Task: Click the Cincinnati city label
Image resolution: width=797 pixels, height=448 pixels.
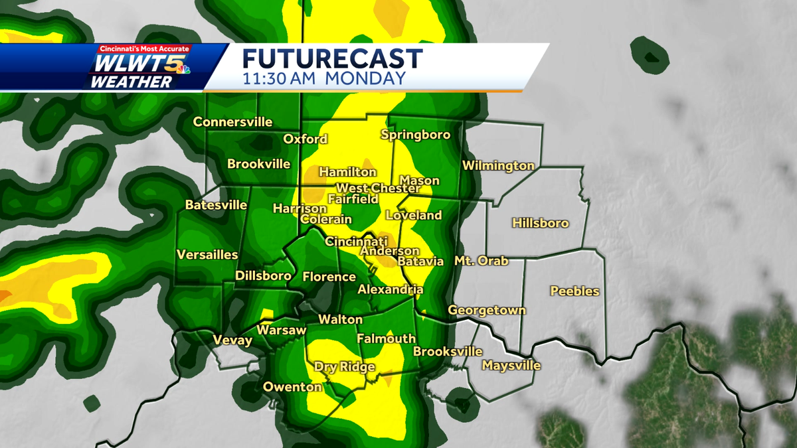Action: pos(355,242)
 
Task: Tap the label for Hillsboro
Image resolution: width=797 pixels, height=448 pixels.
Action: pos(540,223)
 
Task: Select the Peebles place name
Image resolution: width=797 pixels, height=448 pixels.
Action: pos(575,291)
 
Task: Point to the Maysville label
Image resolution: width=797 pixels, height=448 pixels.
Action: pos(511,366)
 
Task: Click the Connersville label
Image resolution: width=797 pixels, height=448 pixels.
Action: pos(232,122)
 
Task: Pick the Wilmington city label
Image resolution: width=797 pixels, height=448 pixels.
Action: pos(498,165)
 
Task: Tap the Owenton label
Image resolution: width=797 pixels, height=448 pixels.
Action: pos(292,387)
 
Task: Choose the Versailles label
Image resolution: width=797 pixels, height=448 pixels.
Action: pos(207,255)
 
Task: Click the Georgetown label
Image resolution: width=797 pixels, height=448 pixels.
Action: pos(486,310)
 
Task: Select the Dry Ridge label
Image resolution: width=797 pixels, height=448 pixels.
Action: pos(344,367)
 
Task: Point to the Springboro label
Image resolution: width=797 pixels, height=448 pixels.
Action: pos(415,135)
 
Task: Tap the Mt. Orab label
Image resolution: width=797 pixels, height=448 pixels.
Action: pos(481,261)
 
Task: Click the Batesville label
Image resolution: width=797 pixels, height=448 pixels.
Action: pos(216,205)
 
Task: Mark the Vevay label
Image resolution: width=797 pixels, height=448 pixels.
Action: pos(232,340)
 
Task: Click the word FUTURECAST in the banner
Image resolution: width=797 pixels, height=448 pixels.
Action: pos(332,58)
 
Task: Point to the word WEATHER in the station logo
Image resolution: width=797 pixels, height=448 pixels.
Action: pos(131,82)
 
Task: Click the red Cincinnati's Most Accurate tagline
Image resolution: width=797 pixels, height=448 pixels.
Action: pos(144,49)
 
